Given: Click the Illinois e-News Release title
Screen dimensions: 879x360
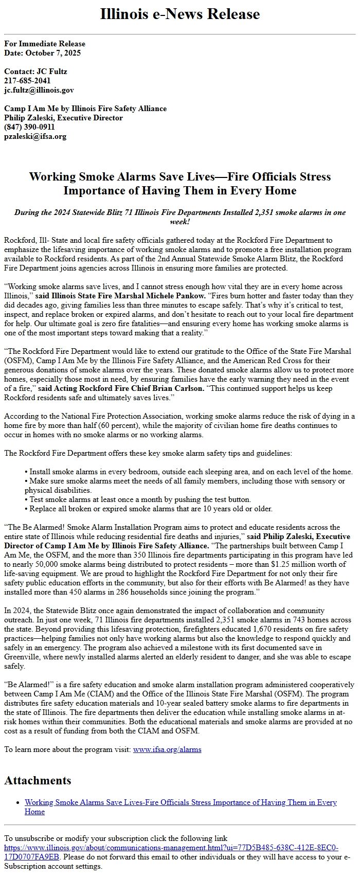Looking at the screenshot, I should click(x=179, y=14).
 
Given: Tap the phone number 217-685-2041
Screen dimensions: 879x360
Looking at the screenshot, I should click(x=27, y=81).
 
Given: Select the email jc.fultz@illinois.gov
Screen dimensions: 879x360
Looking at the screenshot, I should click(x=39, y=90).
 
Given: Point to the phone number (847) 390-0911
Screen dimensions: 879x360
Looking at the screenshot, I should click(x=29, y=127).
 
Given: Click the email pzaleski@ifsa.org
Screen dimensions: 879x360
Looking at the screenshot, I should click(x=35, y=136).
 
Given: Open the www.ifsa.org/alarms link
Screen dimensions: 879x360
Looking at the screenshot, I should click(x=167, y=749).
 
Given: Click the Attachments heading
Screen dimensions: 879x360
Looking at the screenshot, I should click(x=38, y=780).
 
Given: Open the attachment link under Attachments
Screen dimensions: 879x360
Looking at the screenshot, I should click(x=181, y=802).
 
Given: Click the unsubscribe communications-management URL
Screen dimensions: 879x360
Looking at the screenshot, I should click(x=171, y=847).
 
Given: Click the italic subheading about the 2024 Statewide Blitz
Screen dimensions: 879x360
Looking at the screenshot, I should click(x=179, y=217).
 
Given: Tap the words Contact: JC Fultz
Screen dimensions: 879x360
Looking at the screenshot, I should click(x=35, y=71).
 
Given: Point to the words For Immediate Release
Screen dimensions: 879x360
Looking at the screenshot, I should click(x=45, y=44).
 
